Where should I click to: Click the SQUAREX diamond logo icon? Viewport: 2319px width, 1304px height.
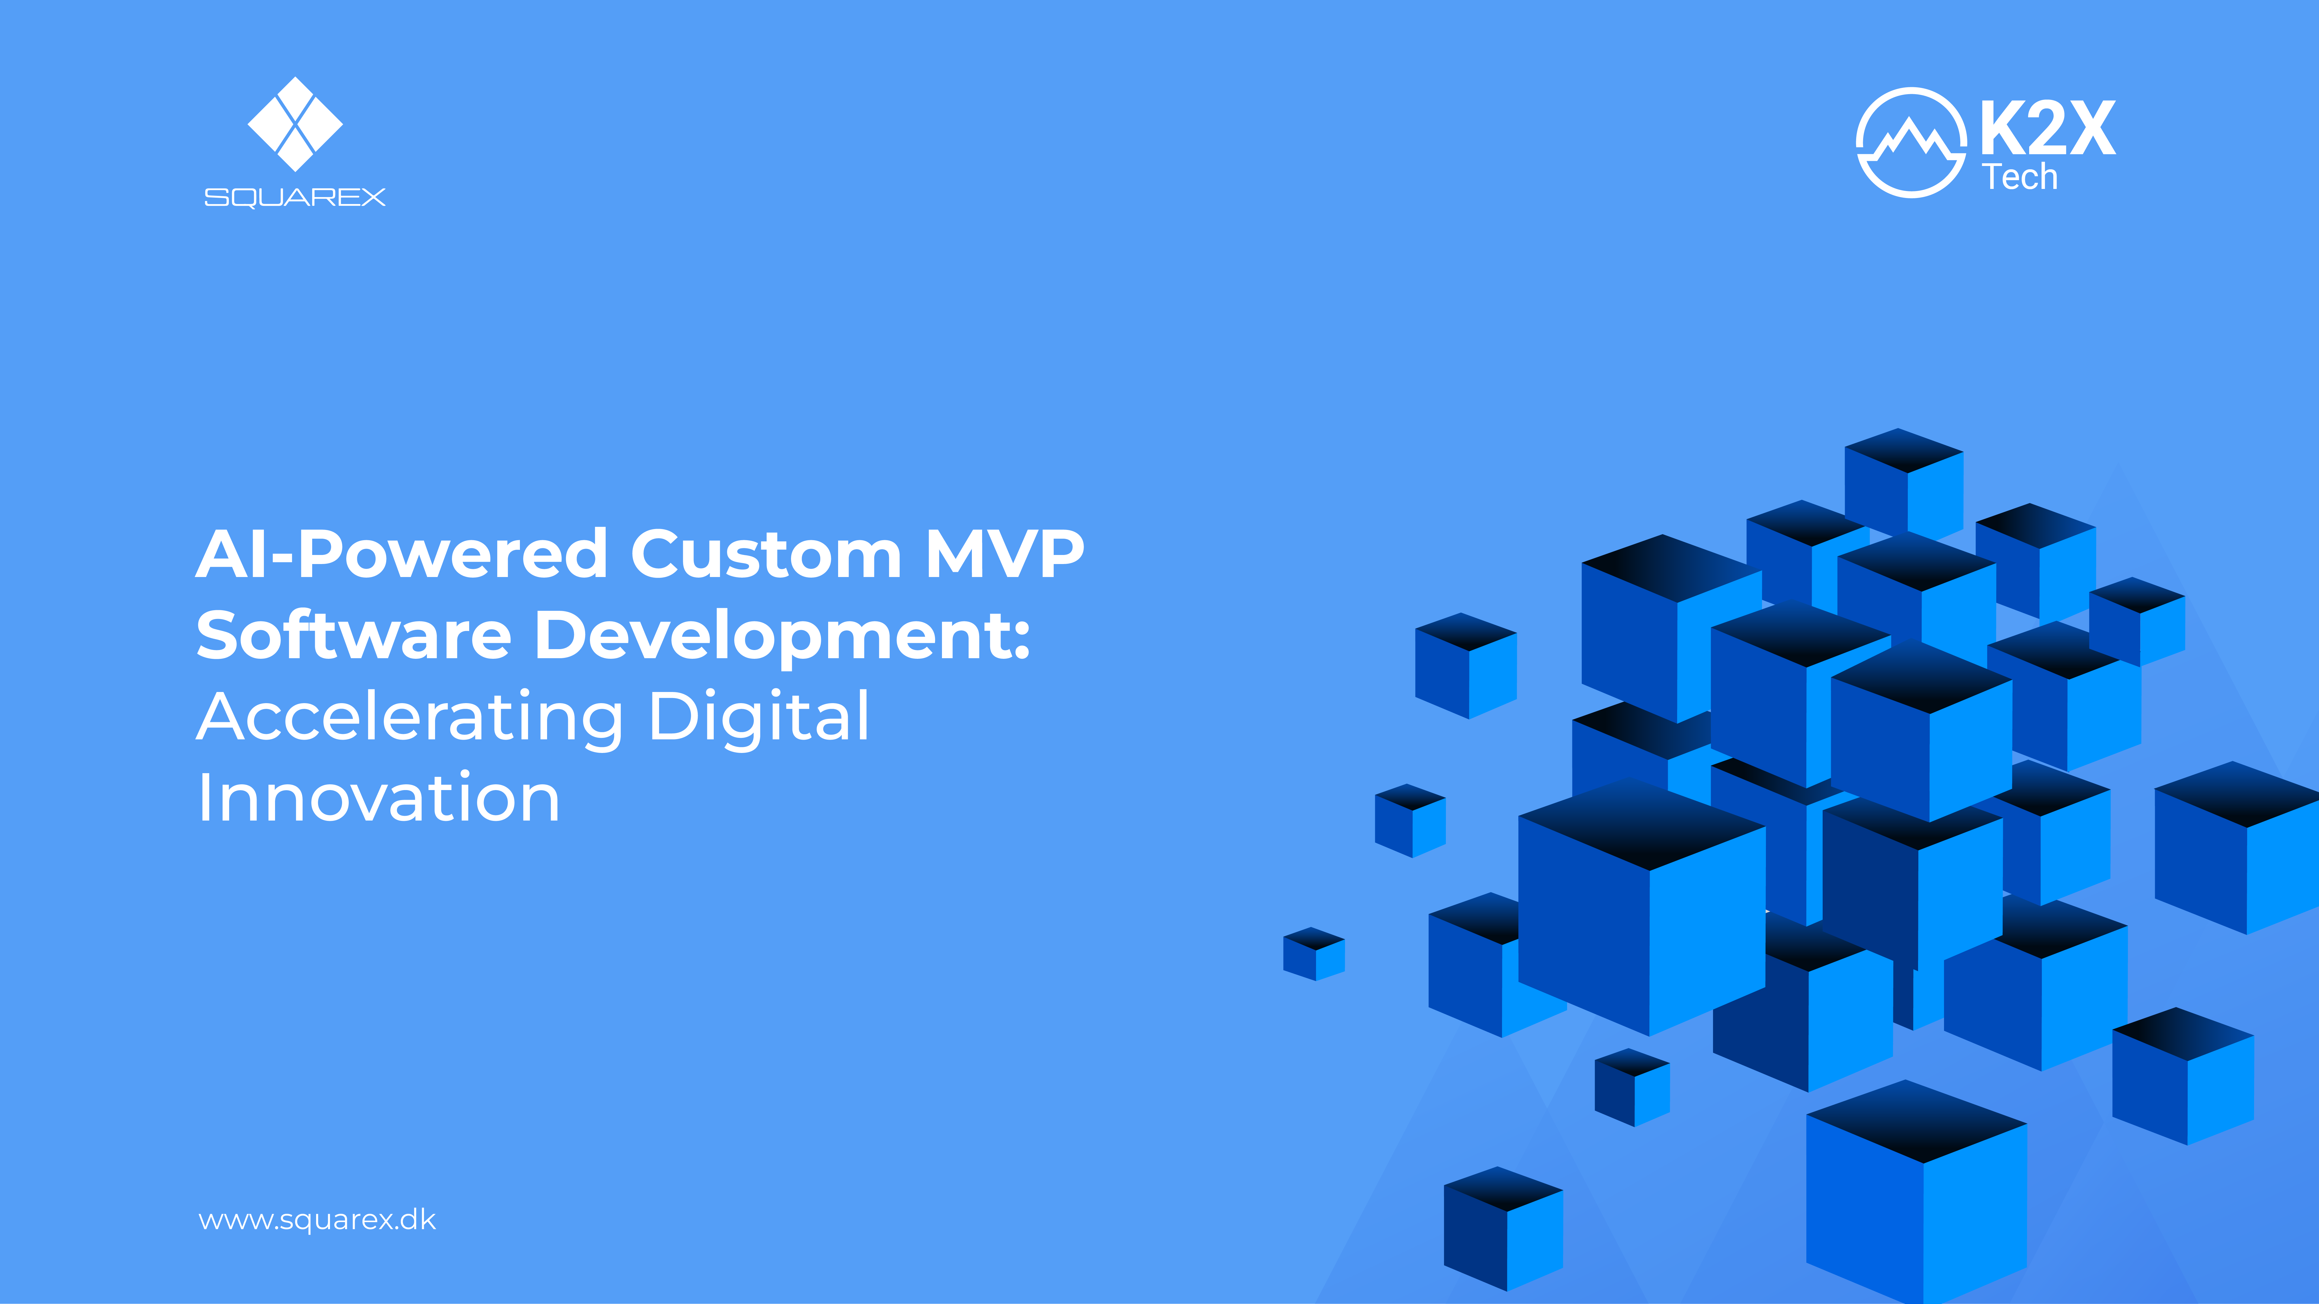click(295, 124)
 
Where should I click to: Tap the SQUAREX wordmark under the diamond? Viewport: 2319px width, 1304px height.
click(295, 197)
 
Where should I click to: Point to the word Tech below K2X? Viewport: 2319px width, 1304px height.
click(2019, 177)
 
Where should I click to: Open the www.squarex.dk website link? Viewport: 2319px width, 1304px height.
click(317, 1220)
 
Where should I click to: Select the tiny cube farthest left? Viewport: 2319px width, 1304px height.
click(1313, 954)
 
